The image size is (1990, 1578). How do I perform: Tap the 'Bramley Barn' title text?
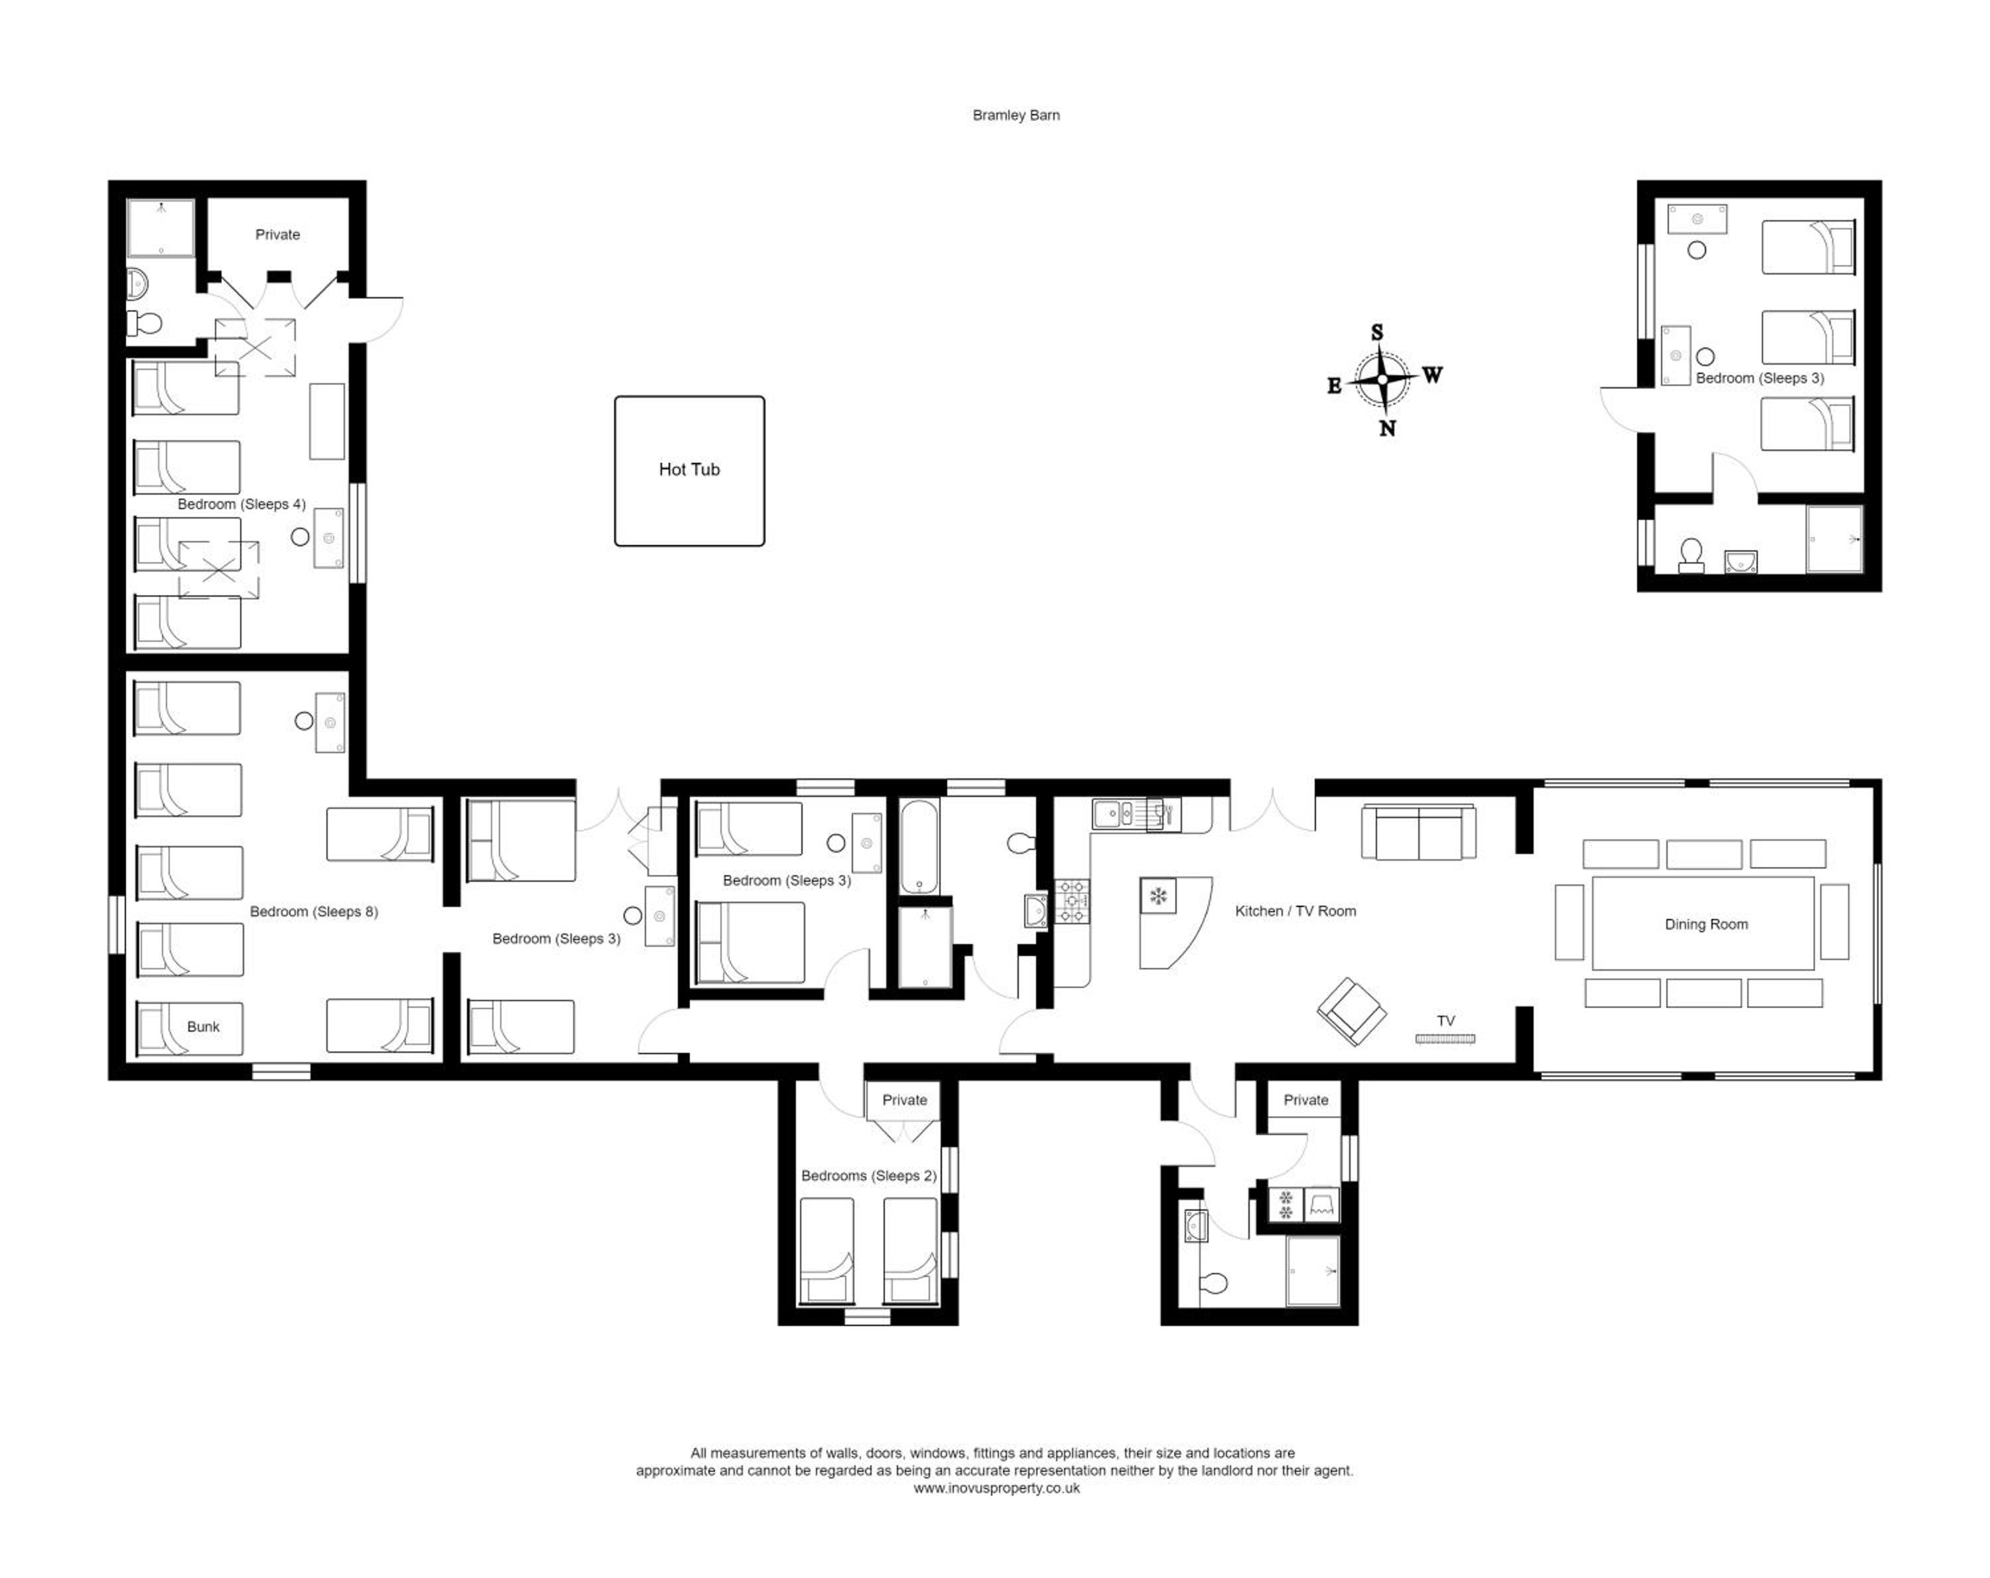coord(1016,115)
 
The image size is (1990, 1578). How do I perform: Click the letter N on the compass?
coord(1387,428)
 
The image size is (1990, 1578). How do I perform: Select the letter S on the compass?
coord(1377,332)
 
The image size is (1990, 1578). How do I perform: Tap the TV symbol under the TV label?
coord(1445,1039)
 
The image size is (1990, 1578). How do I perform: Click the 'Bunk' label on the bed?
coord(203,1027)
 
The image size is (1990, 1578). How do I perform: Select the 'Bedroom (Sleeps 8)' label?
coord(314,912)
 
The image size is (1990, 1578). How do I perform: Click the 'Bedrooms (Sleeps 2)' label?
coord(868,1176)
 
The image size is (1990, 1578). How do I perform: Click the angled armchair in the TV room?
coord(1351,1012)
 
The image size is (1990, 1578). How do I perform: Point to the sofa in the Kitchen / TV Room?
coord(1419,832)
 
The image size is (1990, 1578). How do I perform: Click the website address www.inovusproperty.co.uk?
coord(997,1488)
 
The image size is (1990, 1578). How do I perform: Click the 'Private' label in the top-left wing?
coord(278,235)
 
